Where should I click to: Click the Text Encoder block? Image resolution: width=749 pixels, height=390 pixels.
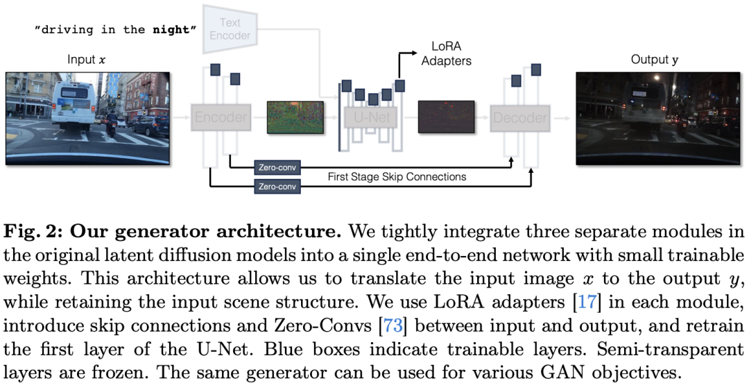click(230, 28)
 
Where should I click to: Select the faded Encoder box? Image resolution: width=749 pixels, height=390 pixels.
click(221, 117)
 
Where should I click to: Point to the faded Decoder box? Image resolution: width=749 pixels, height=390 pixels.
click(520, 117)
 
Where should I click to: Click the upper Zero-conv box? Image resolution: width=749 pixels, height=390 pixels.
click(277, 168)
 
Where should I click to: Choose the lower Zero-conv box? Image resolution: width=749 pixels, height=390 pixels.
click(277, 187)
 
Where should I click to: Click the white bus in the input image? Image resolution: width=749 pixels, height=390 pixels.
click(74, 104)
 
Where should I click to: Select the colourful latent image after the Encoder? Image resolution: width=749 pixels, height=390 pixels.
click(295, 117)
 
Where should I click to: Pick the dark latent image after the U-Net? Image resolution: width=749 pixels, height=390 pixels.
click(446, 117)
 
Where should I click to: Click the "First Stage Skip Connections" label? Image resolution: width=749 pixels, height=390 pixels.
click(397, 177)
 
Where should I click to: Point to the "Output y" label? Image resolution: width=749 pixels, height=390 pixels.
click(654, 60)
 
